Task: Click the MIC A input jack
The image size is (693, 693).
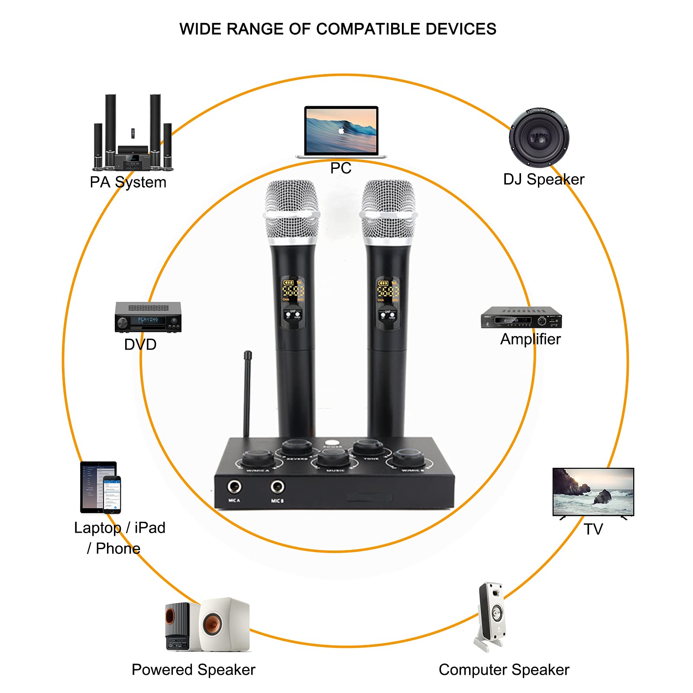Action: click(234, 486)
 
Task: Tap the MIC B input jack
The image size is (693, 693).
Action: click(277, 487)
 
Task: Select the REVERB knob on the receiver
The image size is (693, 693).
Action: click(297, 447)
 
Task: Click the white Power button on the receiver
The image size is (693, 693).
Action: click(333, 444)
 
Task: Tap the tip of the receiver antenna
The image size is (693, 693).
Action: click(248, 354)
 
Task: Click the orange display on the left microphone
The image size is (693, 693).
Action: click(293, 289)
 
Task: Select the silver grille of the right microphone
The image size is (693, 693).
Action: click(388, 210)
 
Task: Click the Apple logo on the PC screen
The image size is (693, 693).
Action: click(341, 130)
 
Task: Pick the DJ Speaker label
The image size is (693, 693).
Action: click(544, 179)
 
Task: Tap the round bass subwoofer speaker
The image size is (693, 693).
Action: click(539, 138)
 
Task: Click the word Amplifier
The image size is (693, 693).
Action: click(530, 339)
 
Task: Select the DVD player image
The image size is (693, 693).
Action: click(148, 317)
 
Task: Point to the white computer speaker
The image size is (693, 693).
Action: click(492, 615)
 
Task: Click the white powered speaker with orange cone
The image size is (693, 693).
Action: click(224, 625)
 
